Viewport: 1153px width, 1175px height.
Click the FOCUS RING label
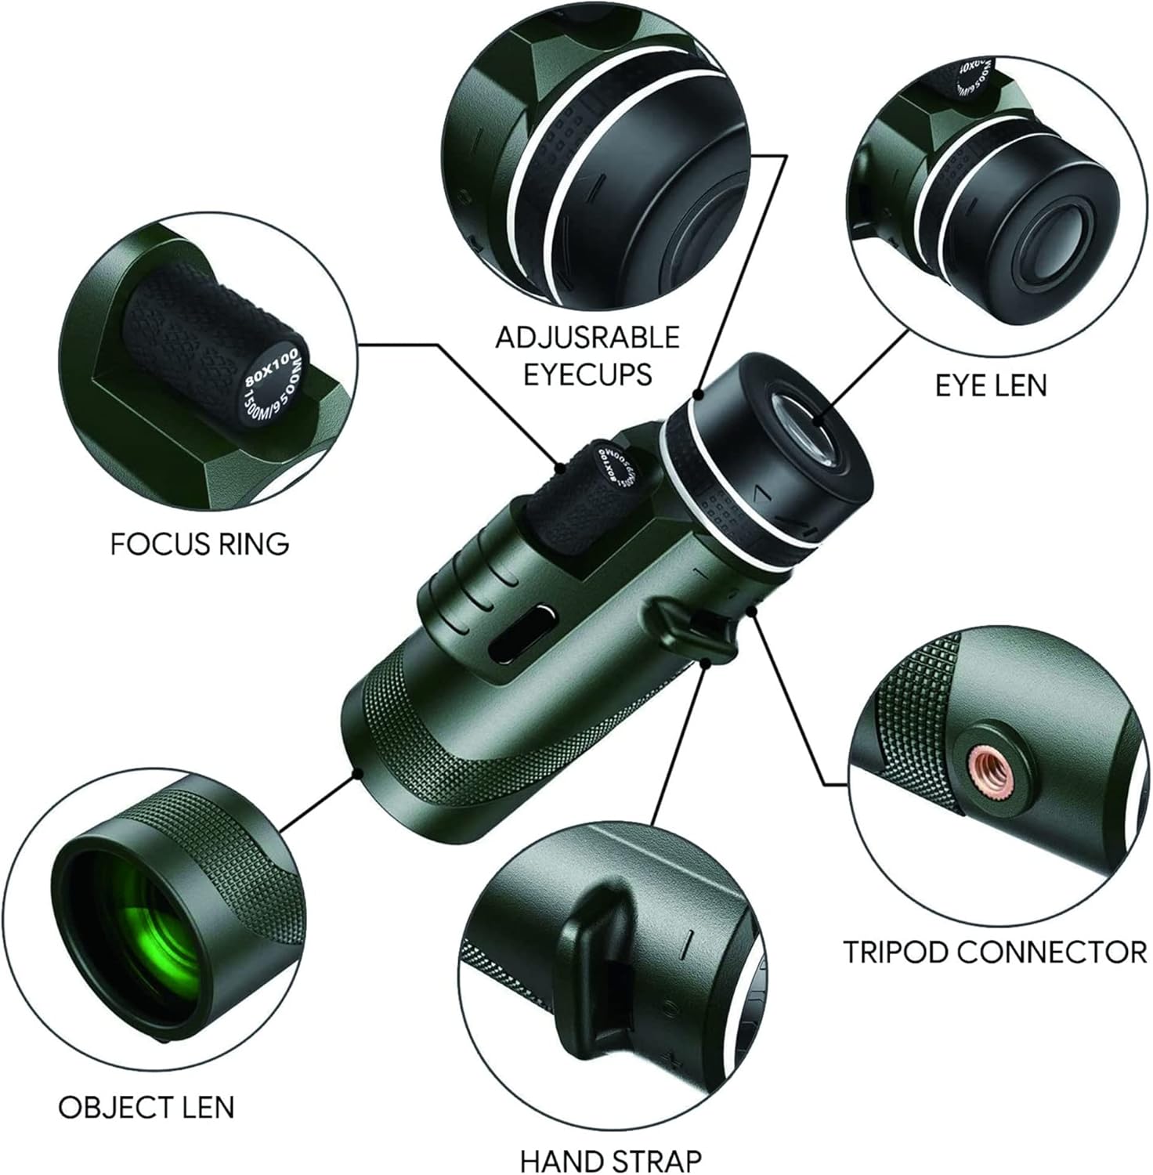[x=200, y=544]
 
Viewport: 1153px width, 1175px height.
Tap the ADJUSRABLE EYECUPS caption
[x=587, y=356]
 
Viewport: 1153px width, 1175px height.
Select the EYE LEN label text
[x=991, y=385]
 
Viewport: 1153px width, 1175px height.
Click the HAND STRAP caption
[x=611, y=1160]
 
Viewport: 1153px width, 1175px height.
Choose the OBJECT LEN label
[x=146, y=1107]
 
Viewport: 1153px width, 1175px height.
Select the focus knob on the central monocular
[x=584, y=501]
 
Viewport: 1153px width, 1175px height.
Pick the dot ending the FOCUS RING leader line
[x=561, y=468]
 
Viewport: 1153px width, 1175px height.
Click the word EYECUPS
[x=587, y=374]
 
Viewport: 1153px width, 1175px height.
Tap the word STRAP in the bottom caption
[x=656, y=1160]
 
